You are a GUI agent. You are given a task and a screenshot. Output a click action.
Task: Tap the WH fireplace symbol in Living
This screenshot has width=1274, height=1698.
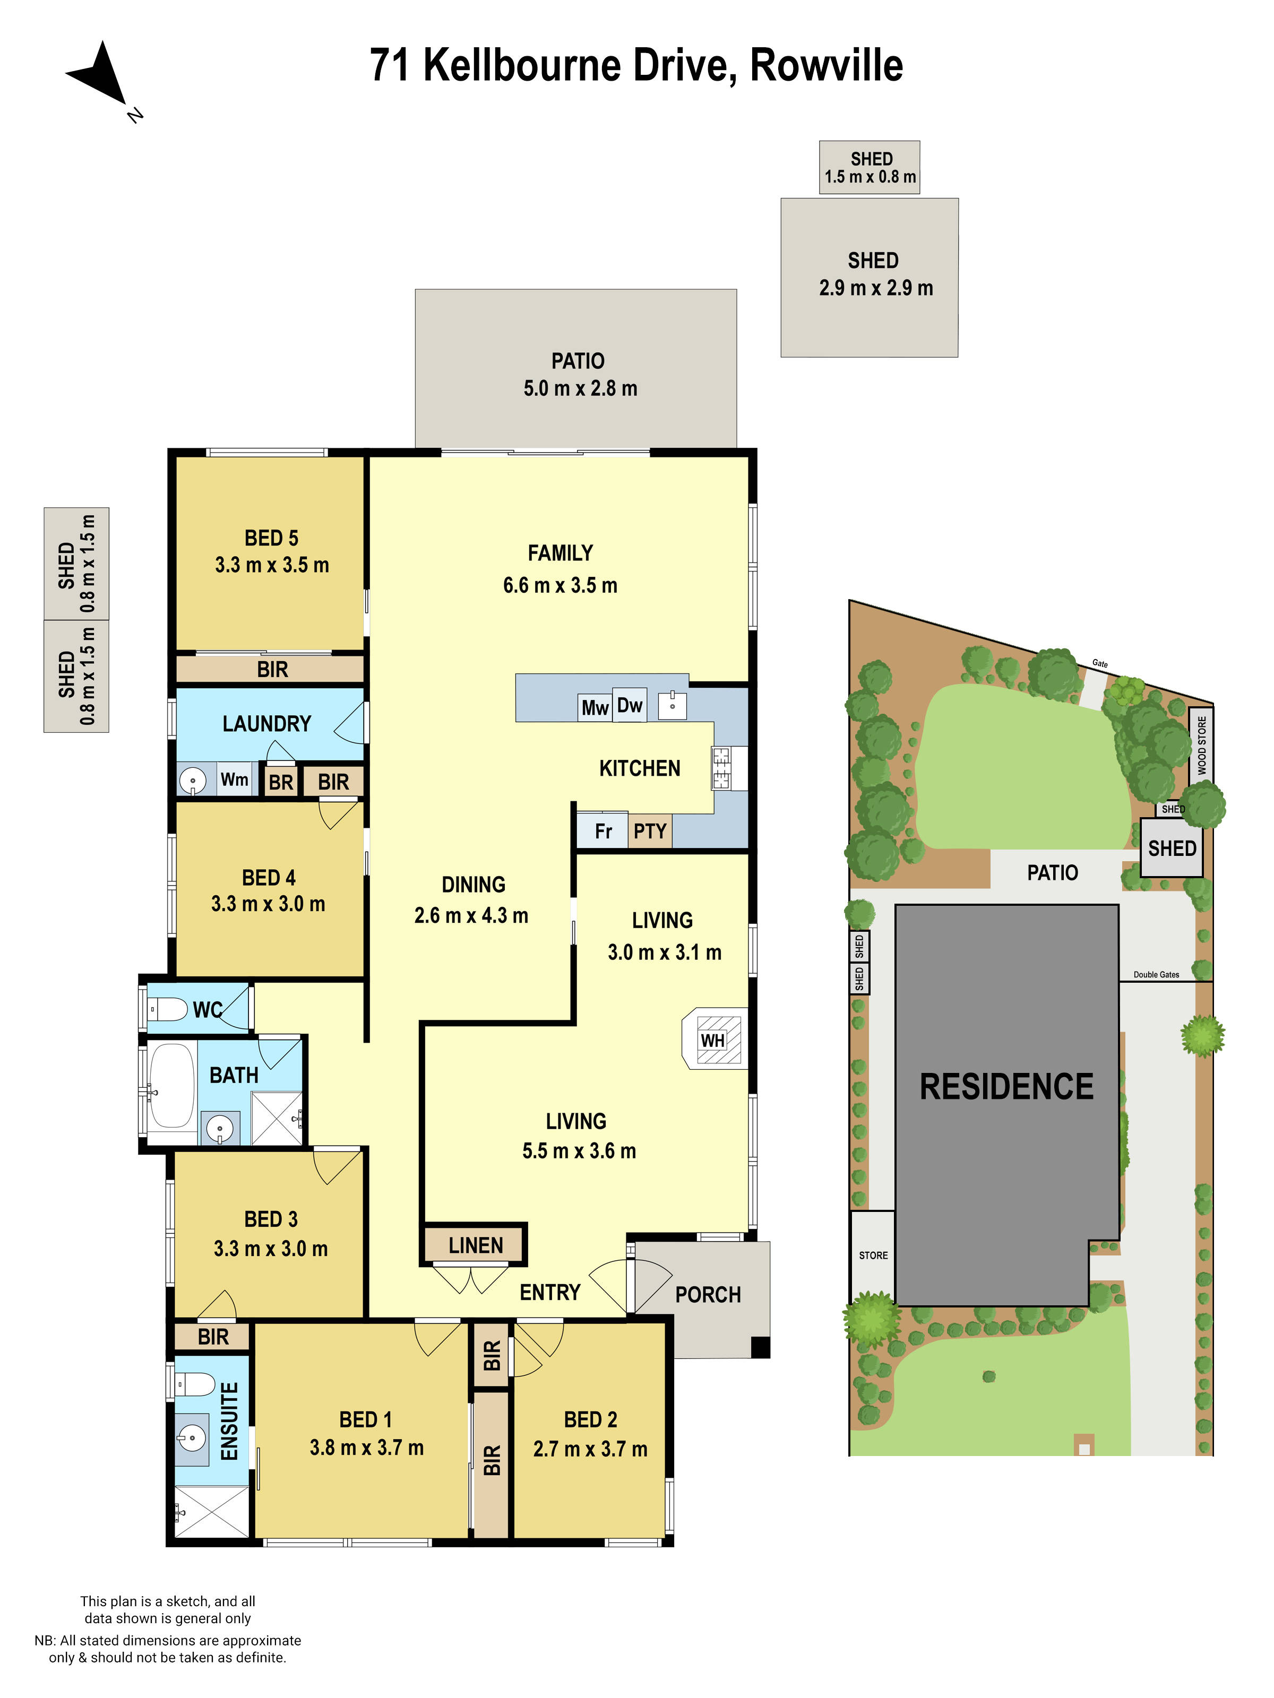[712, 1039]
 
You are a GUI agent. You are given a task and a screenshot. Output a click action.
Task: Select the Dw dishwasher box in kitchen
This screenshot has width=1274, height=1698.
[629, 705]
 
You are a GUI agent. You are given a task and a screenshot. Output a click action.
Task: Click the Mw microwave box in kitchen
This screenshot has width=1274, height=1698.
[595, 707]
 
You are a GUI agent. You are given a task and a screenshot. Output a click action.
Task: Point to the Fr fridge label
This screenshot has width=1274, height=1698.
[603, 830]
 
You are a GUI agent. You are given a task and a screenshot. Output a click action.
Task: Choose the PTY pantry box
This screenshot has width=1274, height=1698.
[650, 830]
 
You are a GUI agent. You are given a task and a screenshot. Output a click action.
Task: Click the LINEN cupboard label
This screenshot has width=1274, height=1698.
[475, 1245]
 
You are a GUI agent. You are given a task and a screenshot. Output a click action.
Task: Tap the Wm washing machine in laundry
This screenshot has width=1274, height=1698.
[234, 779]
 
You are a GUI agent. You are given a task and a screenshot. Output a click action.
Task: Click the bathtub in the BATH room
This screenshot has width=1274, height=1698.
[172, 1084]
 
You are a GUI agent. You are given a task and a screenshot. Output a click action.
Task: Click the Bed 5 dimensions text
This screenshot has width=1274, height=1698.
[272, 565]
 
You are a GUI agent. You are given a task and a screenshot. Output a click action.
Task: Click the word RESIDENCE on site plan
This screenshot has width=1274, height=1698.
[1006, 1086]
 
